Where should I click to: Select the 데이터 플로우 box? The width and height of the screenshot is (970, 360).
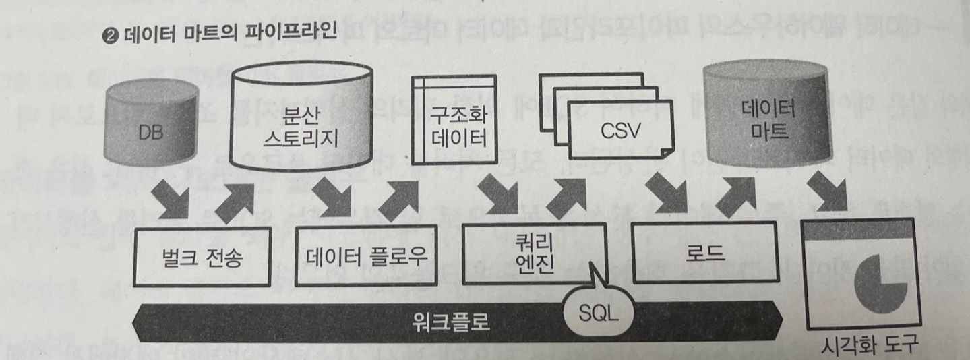point(366,258)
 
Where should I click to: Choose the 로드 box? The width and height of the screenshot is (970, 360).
point(706,255)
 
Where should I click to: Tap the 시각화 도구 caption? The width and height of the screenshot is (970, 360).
point(868,347)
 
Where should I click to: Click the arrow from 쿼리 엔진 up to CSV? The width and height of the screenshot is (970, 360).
point(565,196)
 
